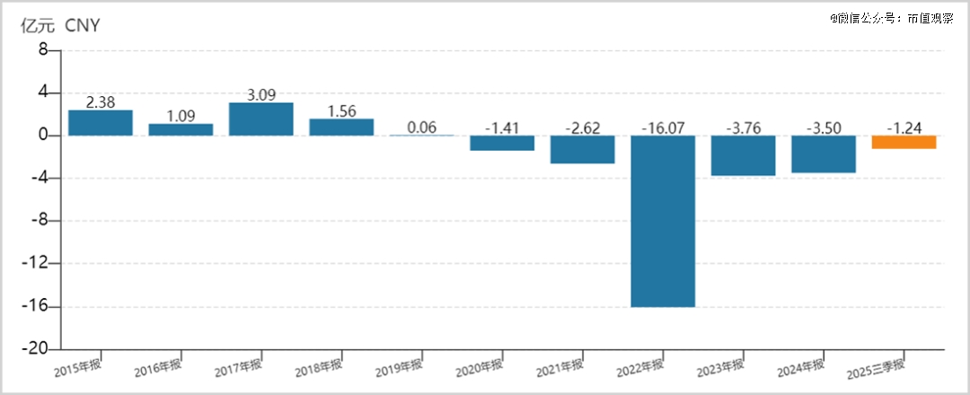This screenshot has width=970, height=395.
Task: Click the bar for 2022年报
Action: pyautogui.click(x=663, y=221)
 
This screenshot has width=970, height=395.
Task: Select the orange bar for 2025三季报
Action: pyautogui.click(x=904, y=142)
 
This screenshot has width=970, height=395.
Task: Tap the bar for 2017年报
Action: pyautogui.click(x=260, y=119)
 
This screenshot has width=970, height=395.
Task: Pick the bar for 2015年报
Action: pyautogui.click(x=101, y=123)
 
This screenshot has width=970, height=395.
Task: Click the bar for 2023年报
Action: pyautogui.click(x=743, y=155)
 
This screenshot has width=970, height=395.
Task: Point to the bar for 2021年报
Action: pyautogui.click(x=582, y=149)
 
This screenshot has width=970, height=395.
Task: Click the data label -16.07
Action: pyautogui.click(x=663, y=127)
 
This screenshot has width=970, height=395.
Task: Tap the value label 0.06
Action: pyautogui.click(x=421, y=127)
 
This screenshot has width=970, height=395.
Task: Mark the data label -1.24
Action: pyautogui.click(x=904, y=127)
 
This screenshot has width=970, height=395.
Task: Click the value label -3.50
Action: pyautogui.click(x=823, y=127)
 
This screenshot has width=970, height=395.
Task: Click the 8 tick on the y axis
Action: pyautogui.click(x=42, y=50)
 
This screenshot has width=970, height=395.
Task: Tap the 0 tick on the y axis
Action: pyautogui.click(x=42, y=136)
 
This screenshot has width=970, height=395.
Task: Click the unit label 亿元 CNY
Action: pyautogui.click(x=60, y=26)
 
